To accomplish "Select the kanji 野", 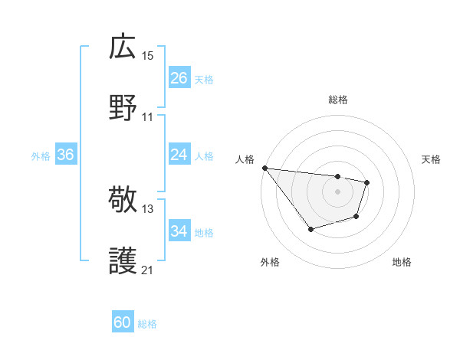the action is click(123, 108).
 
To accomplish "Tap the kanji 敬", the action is click(123, 200).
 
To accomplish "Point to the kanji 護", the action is click(123, 261).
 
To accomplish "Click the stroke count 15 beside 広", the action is click(148, 55).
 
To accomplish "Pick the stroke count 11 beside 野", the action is click(148, 116).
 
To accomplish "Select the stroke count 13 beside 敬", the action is click(148, 208).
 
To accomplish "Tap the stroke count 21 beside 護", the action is click(148, 270).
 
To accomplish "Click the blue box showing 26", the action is click(179, 78).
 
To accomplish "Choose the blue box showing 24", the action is click(179, 155).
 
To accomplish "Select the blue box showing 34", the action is click(179, 231).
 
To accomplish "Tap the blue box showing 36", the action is click(65, 155).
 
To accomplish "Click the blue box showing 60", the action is click(123, 323).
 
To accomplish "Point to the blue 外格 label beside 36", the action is click(41, 155).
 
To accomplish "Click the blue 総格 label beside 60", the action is click(147, 324).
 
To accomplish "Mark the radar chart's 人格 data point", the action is click(264, 168).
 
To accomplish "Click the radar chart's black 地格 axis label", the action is click(402, 262).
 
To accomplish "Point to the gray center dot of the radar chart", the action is click(337, 191).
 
